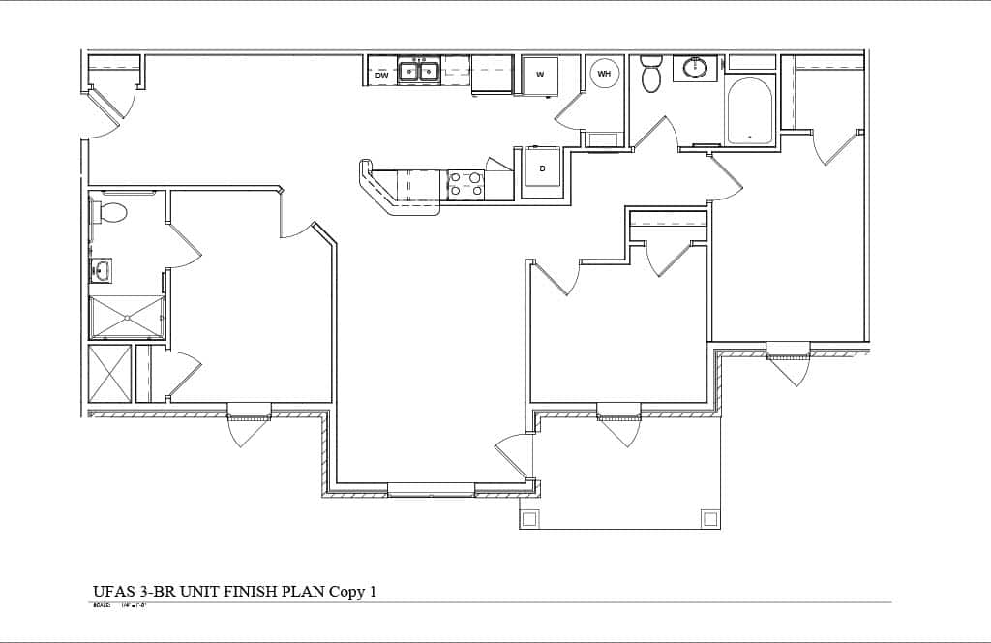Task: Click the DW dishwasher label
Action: [x=382, y=75]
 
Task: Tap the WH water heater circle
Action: [x=604, y=74]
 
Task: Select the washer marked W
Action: [x=540, y=75]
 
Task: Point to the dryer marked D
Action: [x=542, y=168]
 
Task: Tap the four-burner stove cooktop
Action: [x=465, y=184]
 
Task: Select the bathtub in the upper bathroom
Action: [x=750, y=110]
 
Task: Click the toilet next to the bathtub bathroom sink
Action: [x=650, y=74]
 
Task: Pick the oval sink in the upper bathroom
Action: [x=694, y=68]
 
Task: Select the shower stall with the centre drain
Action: [x=127, y=317]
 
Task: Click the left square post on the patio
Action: [x=528, y=518]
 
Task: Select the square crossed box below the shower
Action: [x=109, y=373]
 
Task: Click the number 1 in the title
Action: [x=372, y=592]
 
